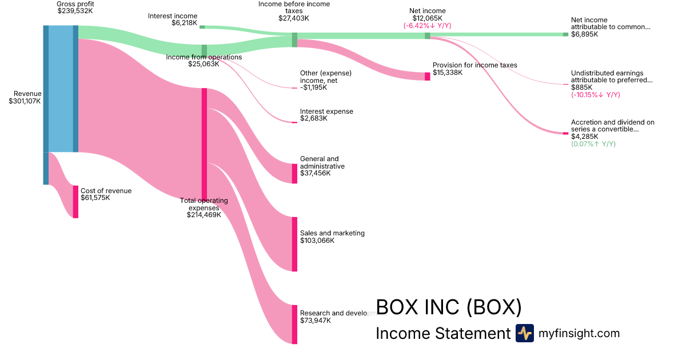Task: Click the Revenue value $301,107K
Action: click(25, 101)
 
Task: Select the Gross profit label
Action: click(75, 4)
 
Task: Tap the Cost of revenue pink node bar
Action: click(75, 202)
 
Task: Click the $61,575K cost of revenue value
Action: click(95, 198)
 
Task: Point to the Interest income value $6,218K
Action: click(184, 23)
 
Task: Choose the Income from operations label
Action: click(204, 57)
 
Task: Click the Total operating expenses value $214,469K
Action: click(204, 215)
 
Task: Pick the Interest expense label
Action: click(326, 111)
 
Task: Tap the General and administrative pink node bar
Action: click(294, 174)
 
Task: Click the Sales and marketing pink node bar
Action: click(294, 244)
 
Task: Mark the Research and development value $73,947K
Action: click(316, 321)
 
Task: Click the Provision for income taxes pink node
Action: click(427, 77)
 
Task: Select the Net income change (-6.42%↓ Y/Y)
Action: click(427, 26)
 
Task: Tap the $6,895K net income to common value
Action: click(585, 34)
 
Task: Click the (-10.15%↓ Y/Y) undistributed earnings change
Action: click(595, 95)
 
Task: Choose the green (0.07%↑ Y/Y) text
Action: click(593, 144)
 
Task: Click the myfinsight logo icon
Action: click(524, 333)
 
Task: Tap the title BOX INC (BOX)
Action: click(448, 307)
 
